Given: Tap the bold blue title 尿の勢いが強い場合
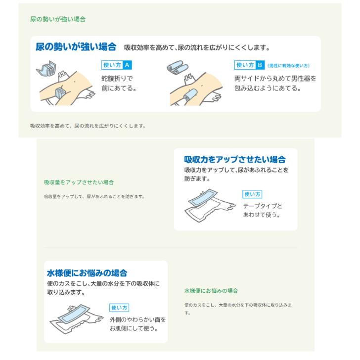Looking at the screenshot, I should [x=76, y=47].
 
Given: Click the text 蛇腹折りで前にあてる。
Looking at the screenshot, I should [x=119, y=83].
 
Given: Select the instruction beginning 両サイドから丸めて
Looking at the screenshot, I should [x=275, y=83].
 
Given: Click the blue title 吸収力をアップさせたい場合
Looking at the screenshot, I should [x=235, y=160].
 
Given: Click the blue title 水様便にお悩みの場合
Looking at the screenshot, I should [x=87, y=273].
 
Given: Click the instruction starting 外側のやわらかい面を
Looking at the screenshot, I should [x=137, y=324].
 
